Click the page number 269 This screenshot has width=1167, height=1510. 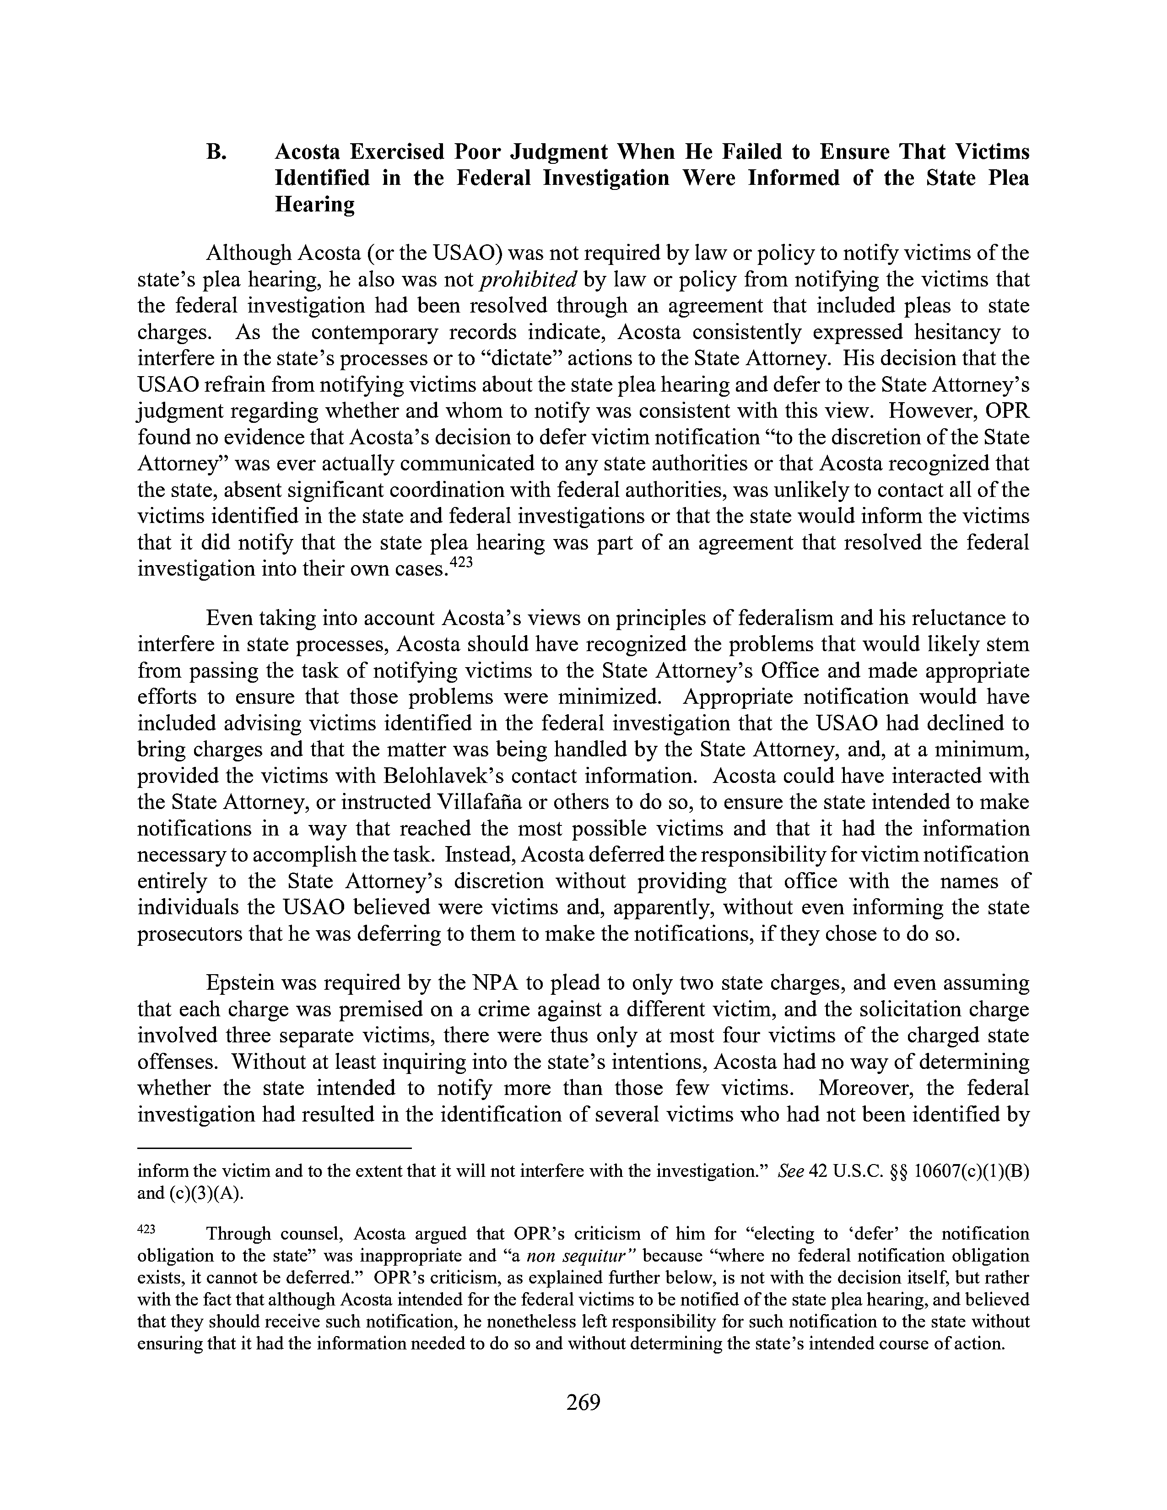click(x=583, y=1402)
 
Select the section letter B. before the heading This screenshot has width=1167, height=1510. click(x=216, y=151)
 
